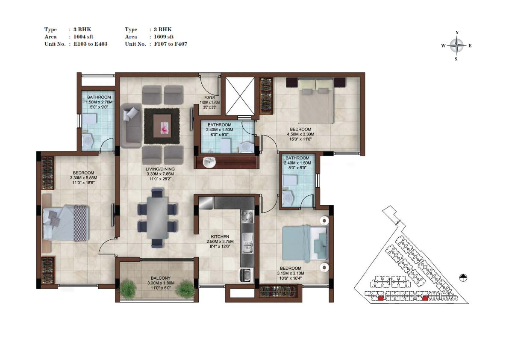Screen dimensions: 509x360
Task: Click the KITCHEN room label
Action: tap(220, 236)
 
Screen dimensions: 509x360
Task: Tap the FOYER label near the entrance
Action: tap(209, 97)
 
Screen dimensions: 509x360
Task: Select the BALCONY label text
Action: tap(161, 278)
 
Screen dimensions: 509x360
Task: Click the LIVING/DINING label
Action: tap(160, 169)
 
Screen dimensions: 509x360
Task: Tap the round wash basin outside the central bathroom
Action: tap(209, 162)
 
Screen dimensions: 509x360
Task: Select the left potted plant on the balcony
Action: tap(129, 288)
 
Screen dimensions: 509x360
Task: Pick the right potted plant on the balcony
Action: tap(186, 288)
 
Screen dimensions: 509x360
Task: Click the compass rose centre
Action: tap(456, 46)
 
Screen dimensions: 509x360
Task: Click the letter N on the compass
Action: tap(457, 32)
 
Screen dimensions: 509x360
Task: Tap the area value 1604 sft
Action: tap(83, 37)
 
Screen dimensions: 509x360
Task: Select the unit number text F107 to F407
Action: tap(171, 44)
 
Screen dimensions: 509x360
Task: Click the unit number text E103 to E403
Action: tap(91, 44)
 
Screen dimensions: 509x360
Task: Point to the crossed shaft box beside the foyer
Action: tap(240, 96)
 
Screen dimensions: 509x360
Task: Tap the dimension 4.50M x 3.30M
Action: tap(300, 134)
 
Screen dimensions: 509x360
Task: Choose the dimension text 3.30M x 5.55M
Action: tap(83, 177)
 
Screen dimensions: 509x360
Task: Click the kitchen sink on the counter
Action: tap(247, 243)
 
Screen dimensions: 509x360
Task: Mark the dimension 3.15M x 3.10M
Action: tap(291, 273)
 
